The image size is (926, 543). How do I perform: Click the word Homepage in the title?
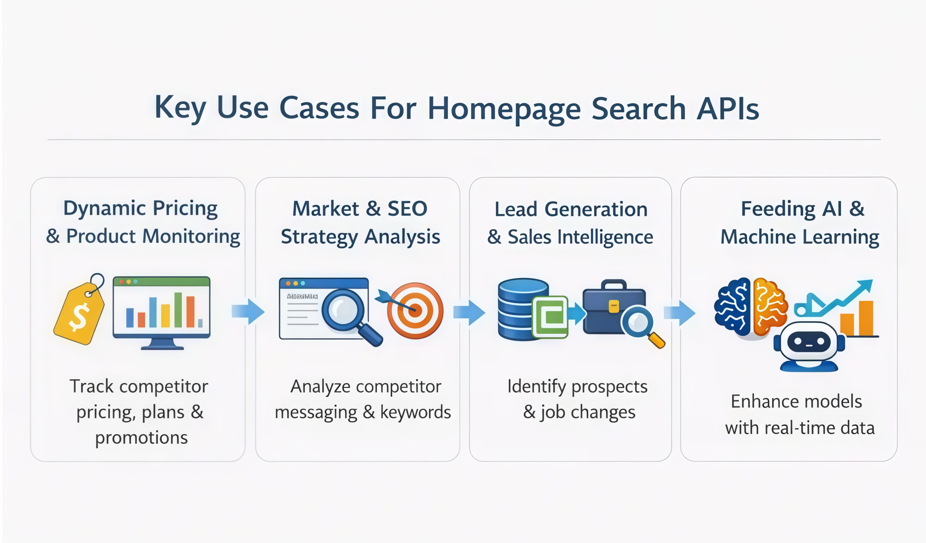click(504, 109)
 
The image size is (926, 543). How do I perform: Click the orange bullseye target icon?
click(415, 311)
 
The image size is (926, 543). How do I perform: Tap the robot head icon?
click(808, 344)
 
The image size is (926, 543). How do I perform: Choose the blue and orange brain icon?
click(749, 307)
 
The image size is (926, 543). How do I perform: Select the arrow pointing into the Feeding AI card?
click(680, 313)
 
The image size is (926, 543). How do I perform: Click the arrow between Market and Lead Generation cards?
click(469, 313)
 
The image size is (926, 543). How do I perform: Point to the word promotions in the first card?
click(141, 438)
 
